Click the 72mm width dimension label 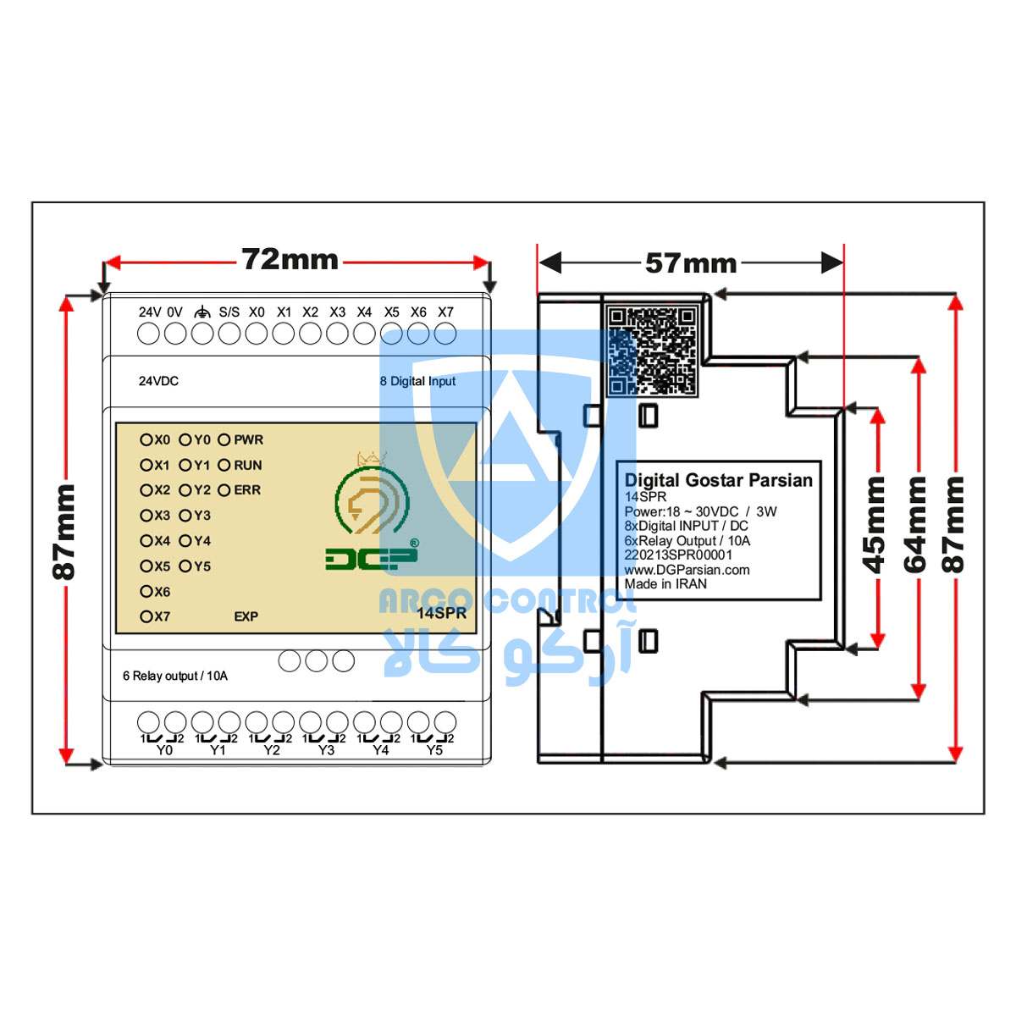pyautogui.click(x=290, y=260)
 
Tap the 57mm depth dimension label pyautogui.click(x=690, y=263)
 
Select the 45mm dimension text pyautogui.click(x=874, y=525)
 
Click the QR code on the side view pyautogui.click(x=652, y=351)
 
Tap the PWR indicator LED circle pyautogui.click(x=224, y=439)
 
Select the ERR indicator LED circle pyautogui.click(x=224, y=490)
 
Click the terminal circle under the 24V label pyautogui.click(x=148, y=334)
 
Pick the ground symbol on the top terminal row pyautogui.click(x=202, y=312)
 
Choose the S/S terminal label pyautogui.click(x=229, y=312)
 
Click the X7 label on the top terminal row pyautogui.click(x=445, y=312)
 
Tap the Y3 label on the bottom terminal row pyautogui.click(x=326, y=750)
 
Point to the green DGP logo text pyautogui.click(x=372, y=560)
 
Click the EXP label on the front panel pyautogui.click(x=246, y=616)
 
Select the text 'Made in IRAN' pyautogui.click(x=665, y=584)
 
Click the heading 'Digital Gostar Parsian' pyautogui.click(x=718, y=480)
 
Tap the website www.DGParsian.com pyautogui.click(x=687, y=570)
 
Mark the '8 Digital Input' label pyautogui.click(x=417, y=381)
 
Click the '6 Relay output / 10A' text pyautogui.click(x=175, y=676)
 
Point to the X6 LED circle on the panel pyautogui.click(x=146, y=591)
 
